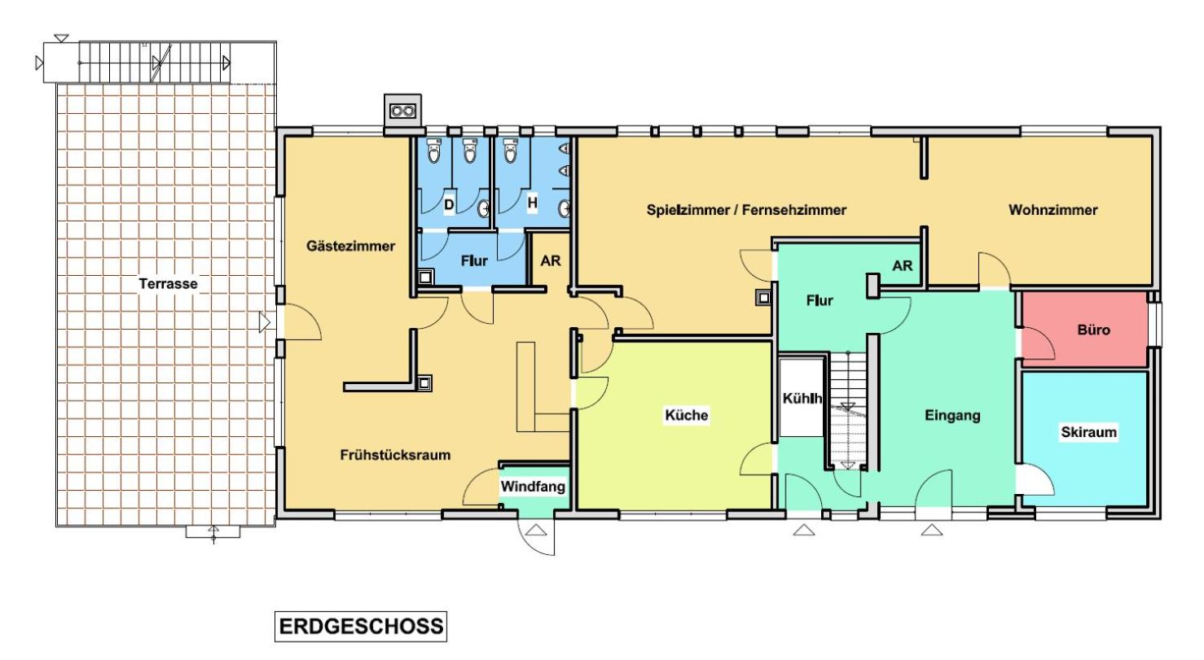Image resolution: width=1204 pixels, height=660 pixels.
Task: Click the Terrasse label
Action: tap(169, 283)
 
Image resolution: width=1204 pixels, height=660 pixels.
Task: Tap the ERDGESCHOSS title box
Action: tap(361, 626)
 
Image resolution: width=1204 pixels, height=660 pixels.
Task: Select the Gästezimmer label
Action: tap(350, 246)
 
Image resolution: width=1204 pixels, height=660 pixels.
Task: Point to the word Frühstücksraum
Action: tap(395, 455)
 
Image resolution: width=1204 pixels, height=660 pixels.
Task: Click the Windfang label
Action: tap(533, 487)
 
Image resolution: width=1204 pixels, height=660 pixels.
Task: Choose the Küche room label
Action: tap(687, 415)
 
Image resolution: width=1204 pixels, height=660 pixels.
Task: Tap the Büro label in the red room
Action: tap(1094, 330)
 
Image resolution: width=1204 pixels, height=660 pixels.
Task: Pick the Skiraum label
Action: tap(1088, 432)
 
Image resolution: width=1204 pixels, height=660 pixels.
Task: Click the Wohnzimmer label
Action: tap(1053, 210)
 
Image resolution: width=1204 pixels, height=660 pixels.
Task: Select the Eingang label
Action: tap(952, 415)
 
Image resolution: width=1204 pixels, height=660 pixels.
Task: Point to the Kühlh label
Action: tap(802, 399)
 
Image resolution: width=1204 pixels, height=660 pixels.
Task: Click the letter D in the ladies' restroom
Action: tap(449, 204)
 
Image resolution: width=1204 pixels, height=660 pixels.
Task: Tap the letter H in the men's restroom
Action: tap(532, 203)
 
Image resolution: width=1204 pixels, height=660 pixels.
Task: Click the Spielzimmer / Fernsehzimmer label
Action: tap(746, 210)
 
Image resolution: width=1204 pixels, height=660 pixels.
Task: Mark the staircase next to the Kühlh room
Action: tap(848, 410)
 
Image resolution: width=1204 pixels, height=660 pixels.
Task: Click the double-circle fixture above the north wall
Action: tap(402, 111)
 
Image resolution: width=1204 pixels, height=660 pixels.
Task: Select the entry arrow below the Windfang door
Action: tap(535, 531)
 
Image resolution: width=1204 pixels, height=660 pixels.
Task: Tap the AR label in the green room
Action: tap(902, 265)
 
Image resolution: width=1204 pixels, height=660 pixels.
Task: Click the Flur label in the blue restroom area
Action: tap(474, 261)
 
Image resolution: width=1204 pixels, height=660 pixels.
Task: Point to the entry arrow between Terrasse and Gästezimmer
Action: tap(265, 322)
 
